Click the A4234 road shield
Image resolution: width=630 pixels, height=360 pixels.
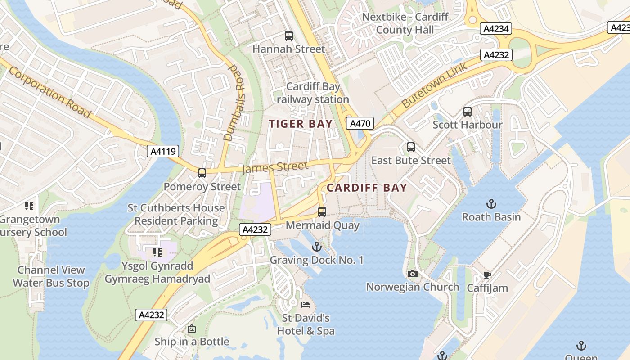[x=496, y=29]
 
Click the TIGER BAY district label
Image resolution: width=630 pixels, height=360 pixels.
[x=301, y=124]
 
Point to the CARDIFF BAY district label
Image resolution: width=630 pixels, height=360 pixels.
[x=367, y=188]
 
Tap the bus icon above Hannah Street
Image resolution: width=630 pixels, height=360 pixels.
[x=288, y=36]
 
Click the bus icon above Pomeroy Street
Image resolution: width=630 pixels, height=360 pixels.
[x=202, y=173]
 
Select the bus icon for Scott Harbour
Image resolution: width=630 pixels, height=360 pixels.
[x=468, y=111]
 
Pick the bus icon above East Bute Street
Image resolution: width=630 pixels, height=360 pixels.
[x=410, y=147]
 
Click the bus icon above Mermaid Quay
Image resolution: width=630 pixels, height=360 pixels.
[x=322, y=211]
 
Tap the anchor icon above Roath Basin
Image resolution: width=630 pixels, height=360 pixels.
[x=491, y=204]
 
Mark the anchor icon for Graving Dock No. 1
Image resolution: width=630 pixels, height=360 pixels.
[x=317, y=247]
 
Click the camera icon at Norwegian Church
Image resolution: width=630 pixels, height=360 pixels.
[x=412, y=274]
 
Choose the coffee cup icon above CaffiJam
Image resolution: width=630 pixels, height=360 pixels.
[x=487, y=275]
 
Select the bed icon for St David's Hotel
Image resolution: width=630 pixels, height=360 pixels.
[x=306, y=305]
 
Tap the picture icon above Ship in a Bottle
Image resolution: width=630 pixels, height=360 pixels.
[x=192, y=328]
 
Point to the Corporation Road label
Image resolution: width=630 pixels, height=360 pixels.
[x=49, y=92]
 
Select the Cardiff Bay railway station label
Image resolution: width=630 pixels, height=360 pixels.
[x=313, y=93]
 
